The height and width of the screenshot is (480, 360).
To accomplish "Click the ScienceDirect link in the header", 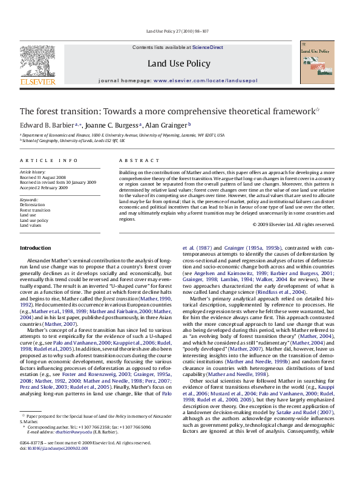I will pos(208,47).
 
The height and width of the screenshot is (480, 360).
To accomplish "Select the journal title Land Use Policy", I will pos(178,63).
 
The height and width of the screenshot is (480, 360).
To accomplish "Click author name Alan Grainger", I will pos(167,125).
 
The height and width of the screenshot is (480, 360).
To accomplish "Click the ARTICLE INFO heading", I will pos(48,160).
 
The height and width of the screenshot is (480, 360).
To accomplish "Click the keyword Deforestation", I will pos(33,204).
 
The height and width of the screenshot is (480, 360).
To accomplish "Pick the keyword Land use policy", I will pos(34,219).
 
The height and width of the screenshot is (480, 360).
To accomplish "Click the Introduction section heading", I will pos(36,248).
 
